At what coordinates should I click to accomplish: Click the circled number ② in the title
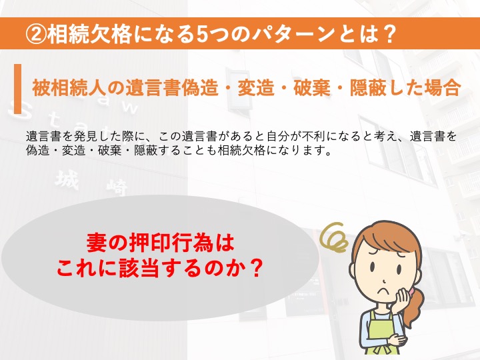36,33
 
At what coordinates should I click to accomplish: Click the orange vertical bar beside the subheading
18,89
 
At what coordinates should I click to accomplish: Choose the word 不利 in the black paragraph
314,137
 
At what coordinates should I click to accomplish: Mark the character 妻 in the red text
97,243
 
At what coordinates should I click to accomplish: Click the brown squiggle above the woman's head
334,237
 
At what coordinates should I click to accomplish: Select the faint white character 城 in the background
67,180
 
